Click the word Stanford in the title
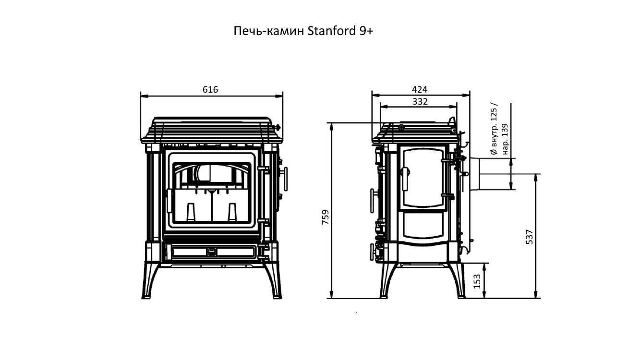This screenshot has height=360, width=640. pos(331,31)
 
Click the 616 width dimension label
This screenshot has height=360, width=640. pos(210,90)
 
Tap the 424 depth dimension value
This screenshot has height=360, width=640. pos(420,90)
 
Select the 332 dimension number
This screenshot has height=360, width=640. pos(420,101)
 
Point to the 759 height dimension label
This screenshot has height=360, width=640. pos(326,217)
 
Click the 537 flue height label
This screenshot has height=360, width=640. pos(530,237)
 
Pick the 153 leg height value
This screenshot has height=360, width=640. pos(477,281)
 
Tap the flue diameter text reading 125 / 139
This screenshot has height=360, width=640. pos(499,129)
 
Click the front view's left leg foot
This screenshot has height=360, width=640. pos(146,298)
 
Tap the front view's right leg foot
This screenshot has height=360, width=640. pos(277,298)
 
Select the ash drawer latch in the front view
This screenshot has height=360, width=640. pos(212,252)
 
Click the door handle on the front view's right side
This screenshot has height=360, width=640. pos(285,179)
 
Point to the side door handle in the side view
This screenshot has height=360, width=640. pos(405,179)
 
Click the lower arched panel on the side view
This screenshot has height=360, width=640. pos(423,226)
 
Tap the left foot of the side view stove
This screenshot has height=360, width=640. pos(384,297)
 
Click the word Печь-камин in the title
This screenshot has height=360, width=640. pos(269,31)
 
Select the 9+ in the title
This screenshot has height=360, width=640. pos(366,31)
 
